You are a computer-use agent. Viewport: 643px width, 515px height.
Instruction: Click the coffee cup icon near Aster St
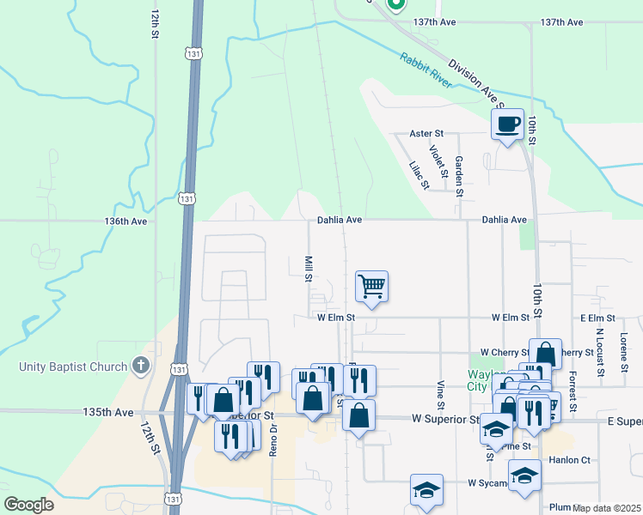click(506, 124)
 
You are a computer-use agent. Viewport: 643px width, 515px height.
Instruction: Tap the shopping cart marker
click(371, 286)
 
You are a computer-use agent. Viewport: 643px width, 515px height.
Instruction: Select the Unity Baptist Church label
click(73, 367)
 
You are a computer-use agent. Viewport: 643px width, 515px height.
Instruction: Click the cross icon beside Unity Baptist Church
click(142, 367)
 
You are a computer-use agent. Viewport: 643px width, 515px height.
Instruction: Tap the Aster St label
click(426, 134)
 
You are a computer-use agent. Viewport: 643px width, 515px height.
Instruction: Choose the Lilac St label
click(419, 175)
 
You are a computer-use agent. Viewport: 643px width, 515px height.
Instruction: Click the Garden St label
click(459, 176)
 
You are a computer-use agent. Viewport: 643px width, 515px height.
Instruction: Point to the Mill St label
click(308, 267)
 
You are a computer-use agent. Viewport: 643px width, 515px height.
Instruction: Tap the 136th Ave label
click(126, 221)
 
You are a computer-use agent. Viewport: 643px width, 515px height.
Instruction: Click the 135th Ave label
click(108, 412)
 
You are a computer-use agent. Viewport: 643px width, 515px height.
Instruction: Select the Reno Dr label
click(273, 439)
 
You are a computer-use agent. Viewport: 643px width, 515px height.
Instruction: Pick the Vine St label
click(440, 394)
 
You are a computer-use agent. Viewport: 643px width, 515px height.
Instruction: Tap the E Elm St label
click(597, 318)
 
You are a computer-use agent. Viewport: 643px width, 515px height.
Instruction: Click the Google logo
click(29, 504)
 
